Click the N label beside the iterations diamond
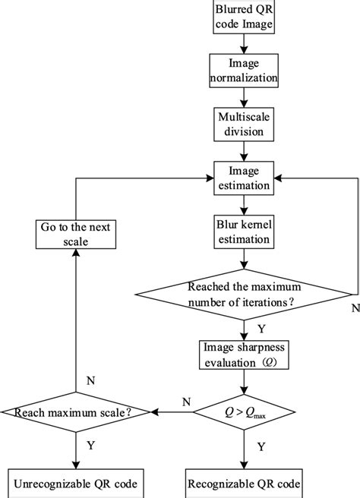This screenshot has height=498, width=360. point(354,309)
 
